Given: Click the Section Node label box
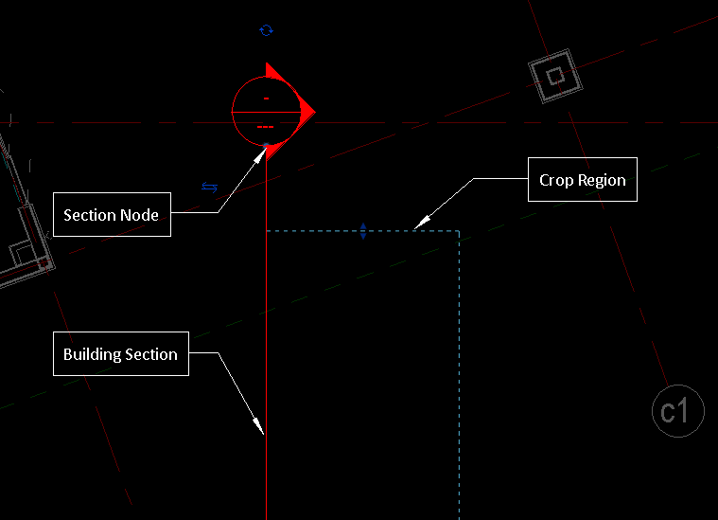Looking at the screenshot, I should tap(112, 215).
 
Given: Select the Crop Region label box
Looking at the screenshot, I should tap(582, 180).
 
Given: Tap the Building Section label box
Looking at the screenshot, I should tap(120, 354).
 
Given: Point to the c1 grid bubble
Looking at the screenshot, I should tap(677, 411).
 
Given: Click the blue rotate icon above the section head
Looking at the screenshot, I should tap(266, 30).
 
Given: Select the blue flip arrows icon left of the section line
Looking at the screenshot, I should tap(209, 188).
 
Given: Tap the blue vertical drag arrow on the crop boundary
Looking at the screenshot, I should tap(363, 230).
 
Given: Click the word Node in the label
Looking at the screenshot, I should tap(138, 215).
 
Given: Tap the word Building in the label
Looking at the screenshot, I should tap(92, 354).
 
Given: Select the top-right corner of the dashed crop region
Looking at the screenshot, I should tap(459, 230).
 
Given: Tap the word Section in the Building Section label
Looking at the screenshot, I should tap(151, 354).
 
